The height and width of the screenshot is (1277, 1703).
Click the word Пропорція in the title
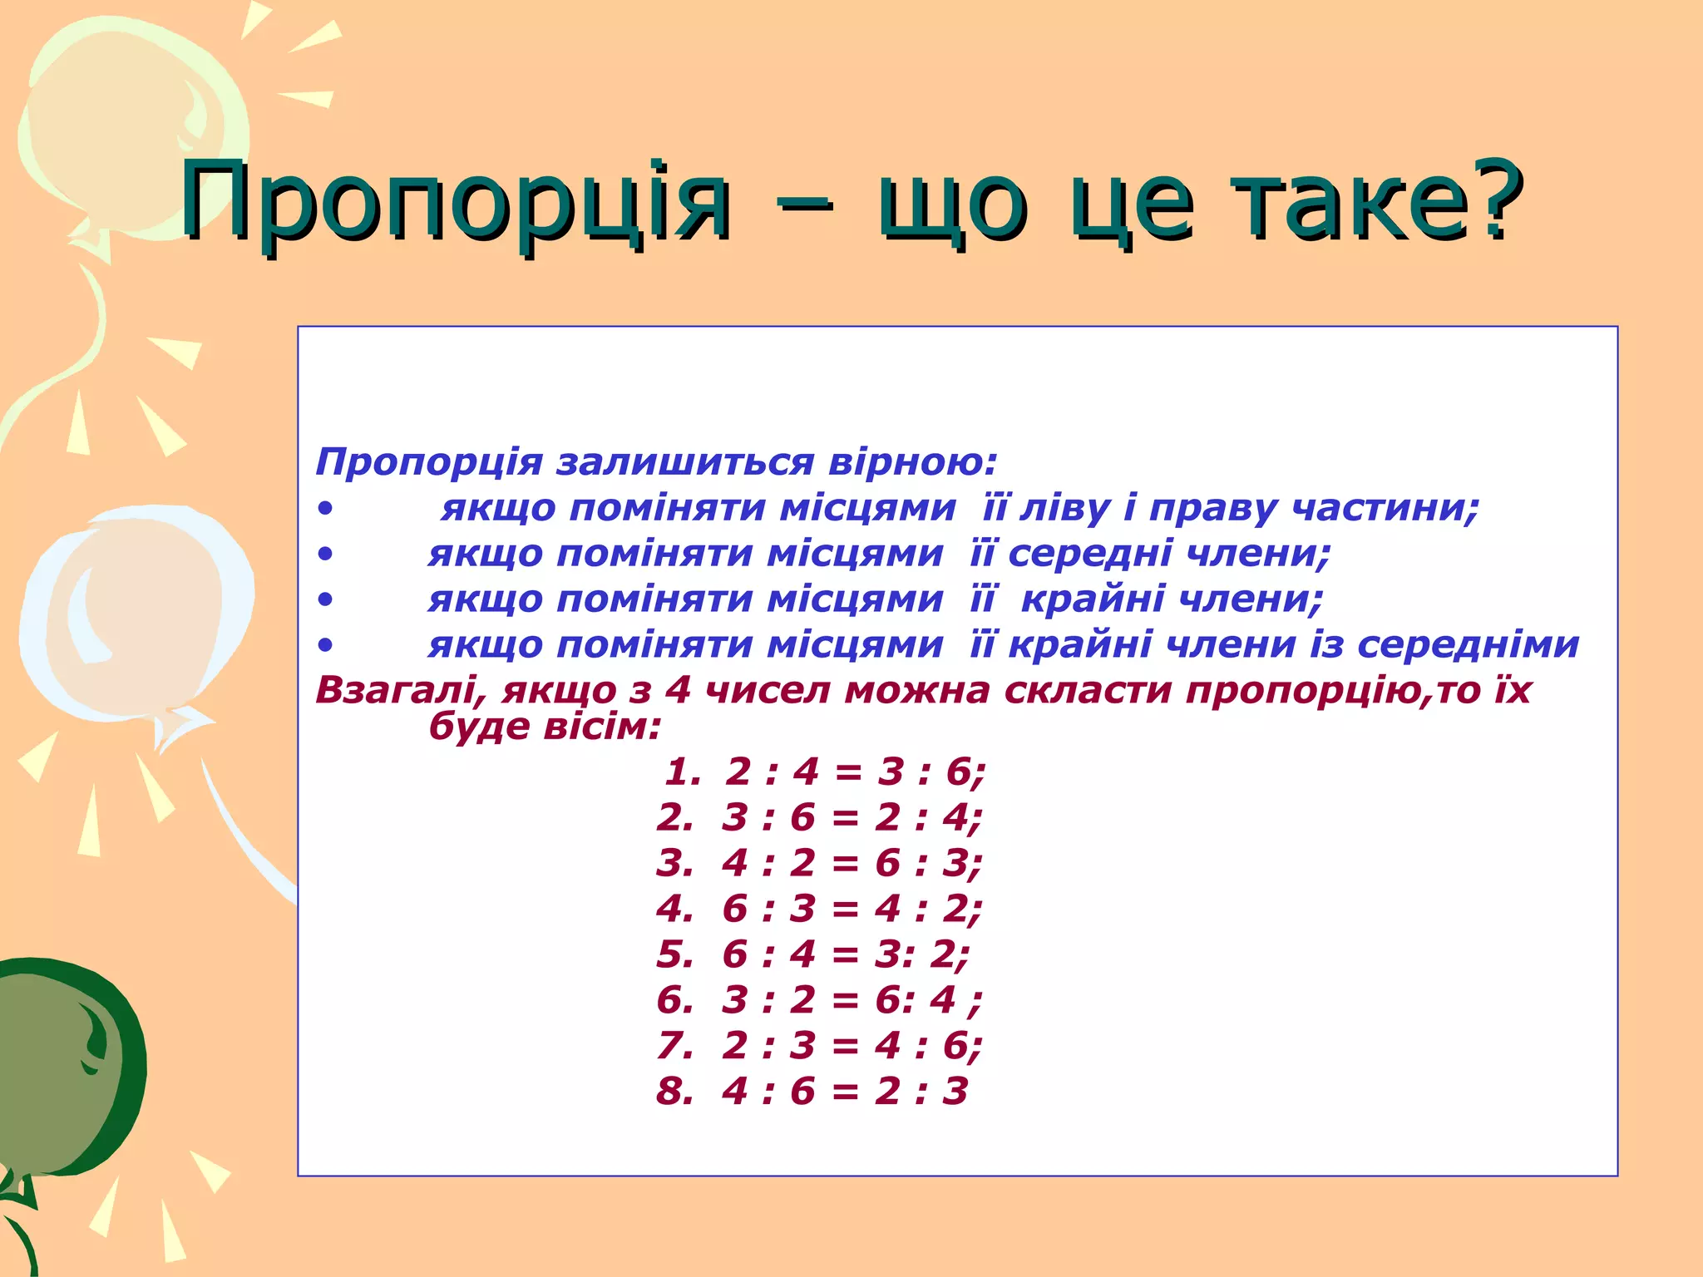point(456,201)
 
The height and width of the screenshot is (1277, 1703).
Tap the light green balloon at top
point(125,125)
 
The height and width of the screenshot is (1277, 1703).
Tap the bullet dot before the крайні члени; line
point(325,599)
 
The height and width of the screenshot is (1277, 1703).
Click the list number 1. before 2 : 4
point(683,772)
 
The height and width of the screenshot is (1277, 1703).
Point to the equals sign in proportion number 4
point(845,909)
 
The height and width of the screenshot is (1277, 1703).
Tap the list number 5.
point(674,954)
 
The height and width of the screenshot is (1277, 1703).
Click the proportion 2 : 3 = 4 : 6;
point(852,1045)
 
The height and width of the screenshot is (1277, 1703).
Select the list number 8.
point(674,1091)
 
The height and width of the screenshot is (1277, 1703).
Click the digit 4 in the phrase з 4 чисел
point(678,690)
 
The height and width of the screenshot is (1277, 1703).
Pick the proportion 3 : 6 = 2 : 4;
point(852,817)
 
